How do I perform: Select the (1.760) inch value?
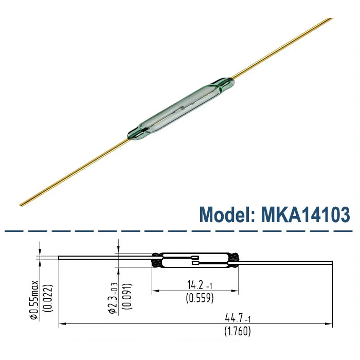coord(237,332)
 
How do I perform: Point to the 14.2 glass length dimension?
coord(197,284)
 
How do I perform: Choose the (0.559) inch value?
coord(198,298)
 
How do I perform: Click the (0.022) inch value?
coord(46,297)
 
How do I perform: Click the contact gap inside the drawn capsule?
coord(194,261)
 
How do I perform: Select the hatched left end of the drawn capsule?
coord(156,260)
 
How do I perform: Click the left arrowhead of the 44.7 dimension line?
coord(62,324)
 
